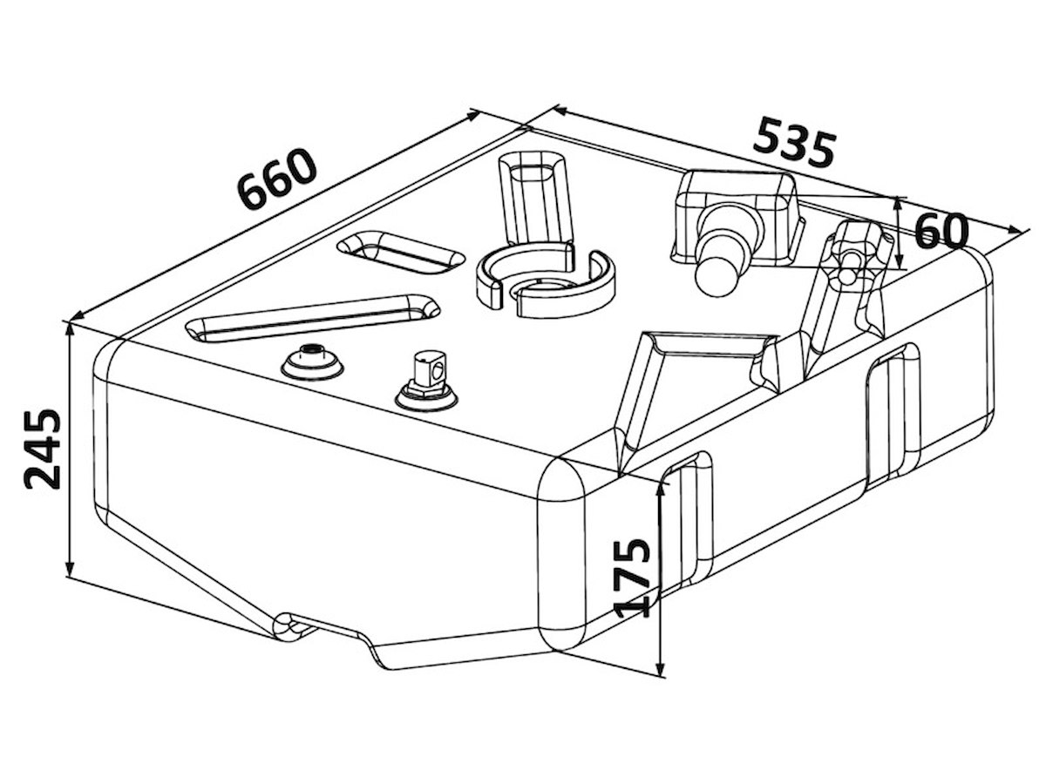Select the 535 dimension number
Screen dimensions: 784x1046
[x=795, y=143]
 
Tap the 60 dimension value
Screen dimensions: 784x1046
[x=941, y=231]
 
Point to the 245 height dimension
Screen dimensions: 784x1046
[x=44, y=448]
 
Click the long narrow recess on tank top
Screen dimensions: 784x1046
[x=314, y=315]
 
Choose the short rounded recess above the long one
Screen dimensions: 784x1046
[x=400, y=252]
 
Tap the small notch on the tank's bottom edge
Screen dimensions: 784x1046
[x=288, y=624]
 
